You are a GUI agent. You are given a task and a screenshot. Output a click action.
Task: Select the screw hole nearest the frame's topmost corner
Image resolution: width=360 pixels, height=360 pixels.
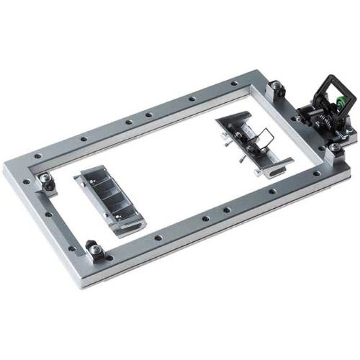point(235,83)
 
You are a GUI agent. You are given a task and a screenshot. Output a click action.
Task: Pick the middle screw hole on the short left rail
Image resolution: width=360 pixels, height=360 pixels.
point(48,213)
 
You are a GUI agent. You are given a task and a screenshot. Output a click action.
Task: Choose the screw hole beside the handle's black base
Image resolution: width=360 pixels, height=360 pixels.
point(296,120)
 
